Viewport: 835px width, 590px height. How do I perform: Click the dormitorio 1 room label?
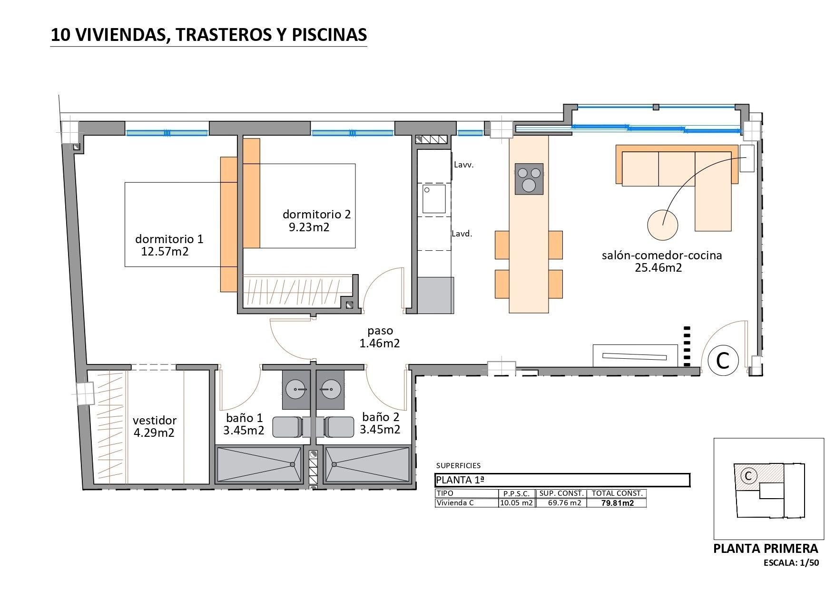click(x=169, y=239)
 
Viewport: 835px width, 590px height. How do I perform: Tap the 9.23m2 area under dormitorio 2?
click(x=309, y=227)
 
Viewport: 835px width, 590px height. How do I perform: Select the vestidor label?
click(x=155, y=421)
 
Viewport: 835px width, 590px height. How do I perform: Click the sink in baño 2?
click(x=329, y=389)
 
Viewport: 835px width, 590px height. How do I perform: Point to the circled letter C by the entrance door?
click(x=723, y=361)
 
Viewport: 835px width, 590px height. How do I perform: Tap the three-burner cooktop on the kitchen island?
click(x=529, y=178)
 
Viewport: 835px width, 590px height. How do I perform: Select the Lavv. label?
click(x=464, y=165)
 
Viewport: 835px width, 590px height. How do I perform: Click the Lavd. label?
click(x=462, y=234)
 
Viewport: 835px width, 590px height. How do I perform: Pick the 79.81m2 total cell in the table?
click(x=617, y=503)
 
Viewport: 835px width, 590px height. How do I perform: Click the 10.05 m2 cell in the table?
click(x=516, y=503)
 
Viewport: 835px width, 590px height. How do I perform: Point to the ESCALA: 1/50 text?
click(x=791, y=563)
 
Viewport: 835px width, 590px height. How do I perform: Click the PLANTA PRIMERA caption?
click(x=766, y=549)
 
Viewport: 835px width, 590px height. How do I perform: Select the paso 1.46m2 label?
click(x=380, y=337)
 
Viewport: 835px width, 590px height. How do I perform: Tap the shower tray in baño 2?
click(x=367, y=464)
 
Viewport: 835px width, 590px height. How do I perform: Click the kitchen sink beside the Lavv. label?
click(x=433, y=198)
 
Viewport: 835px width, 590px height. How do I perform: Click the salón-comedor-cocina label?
click(x=662, y=256)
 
